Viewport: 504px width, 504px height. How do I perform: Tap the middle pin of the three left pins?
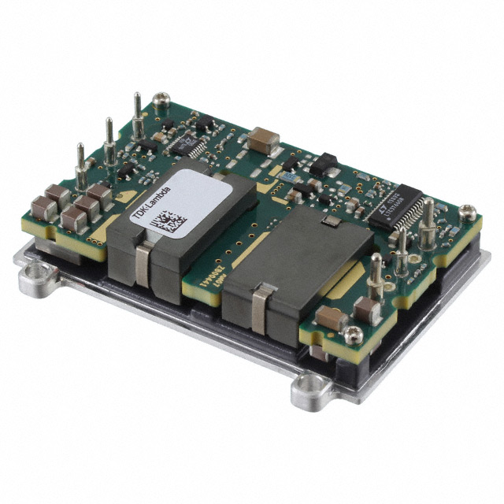[109, 140]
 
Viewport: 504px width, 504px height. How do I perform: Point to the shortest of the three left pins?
[80, 165]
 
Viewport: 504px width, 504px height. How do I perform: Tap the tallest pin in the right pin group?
[428, 224]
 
